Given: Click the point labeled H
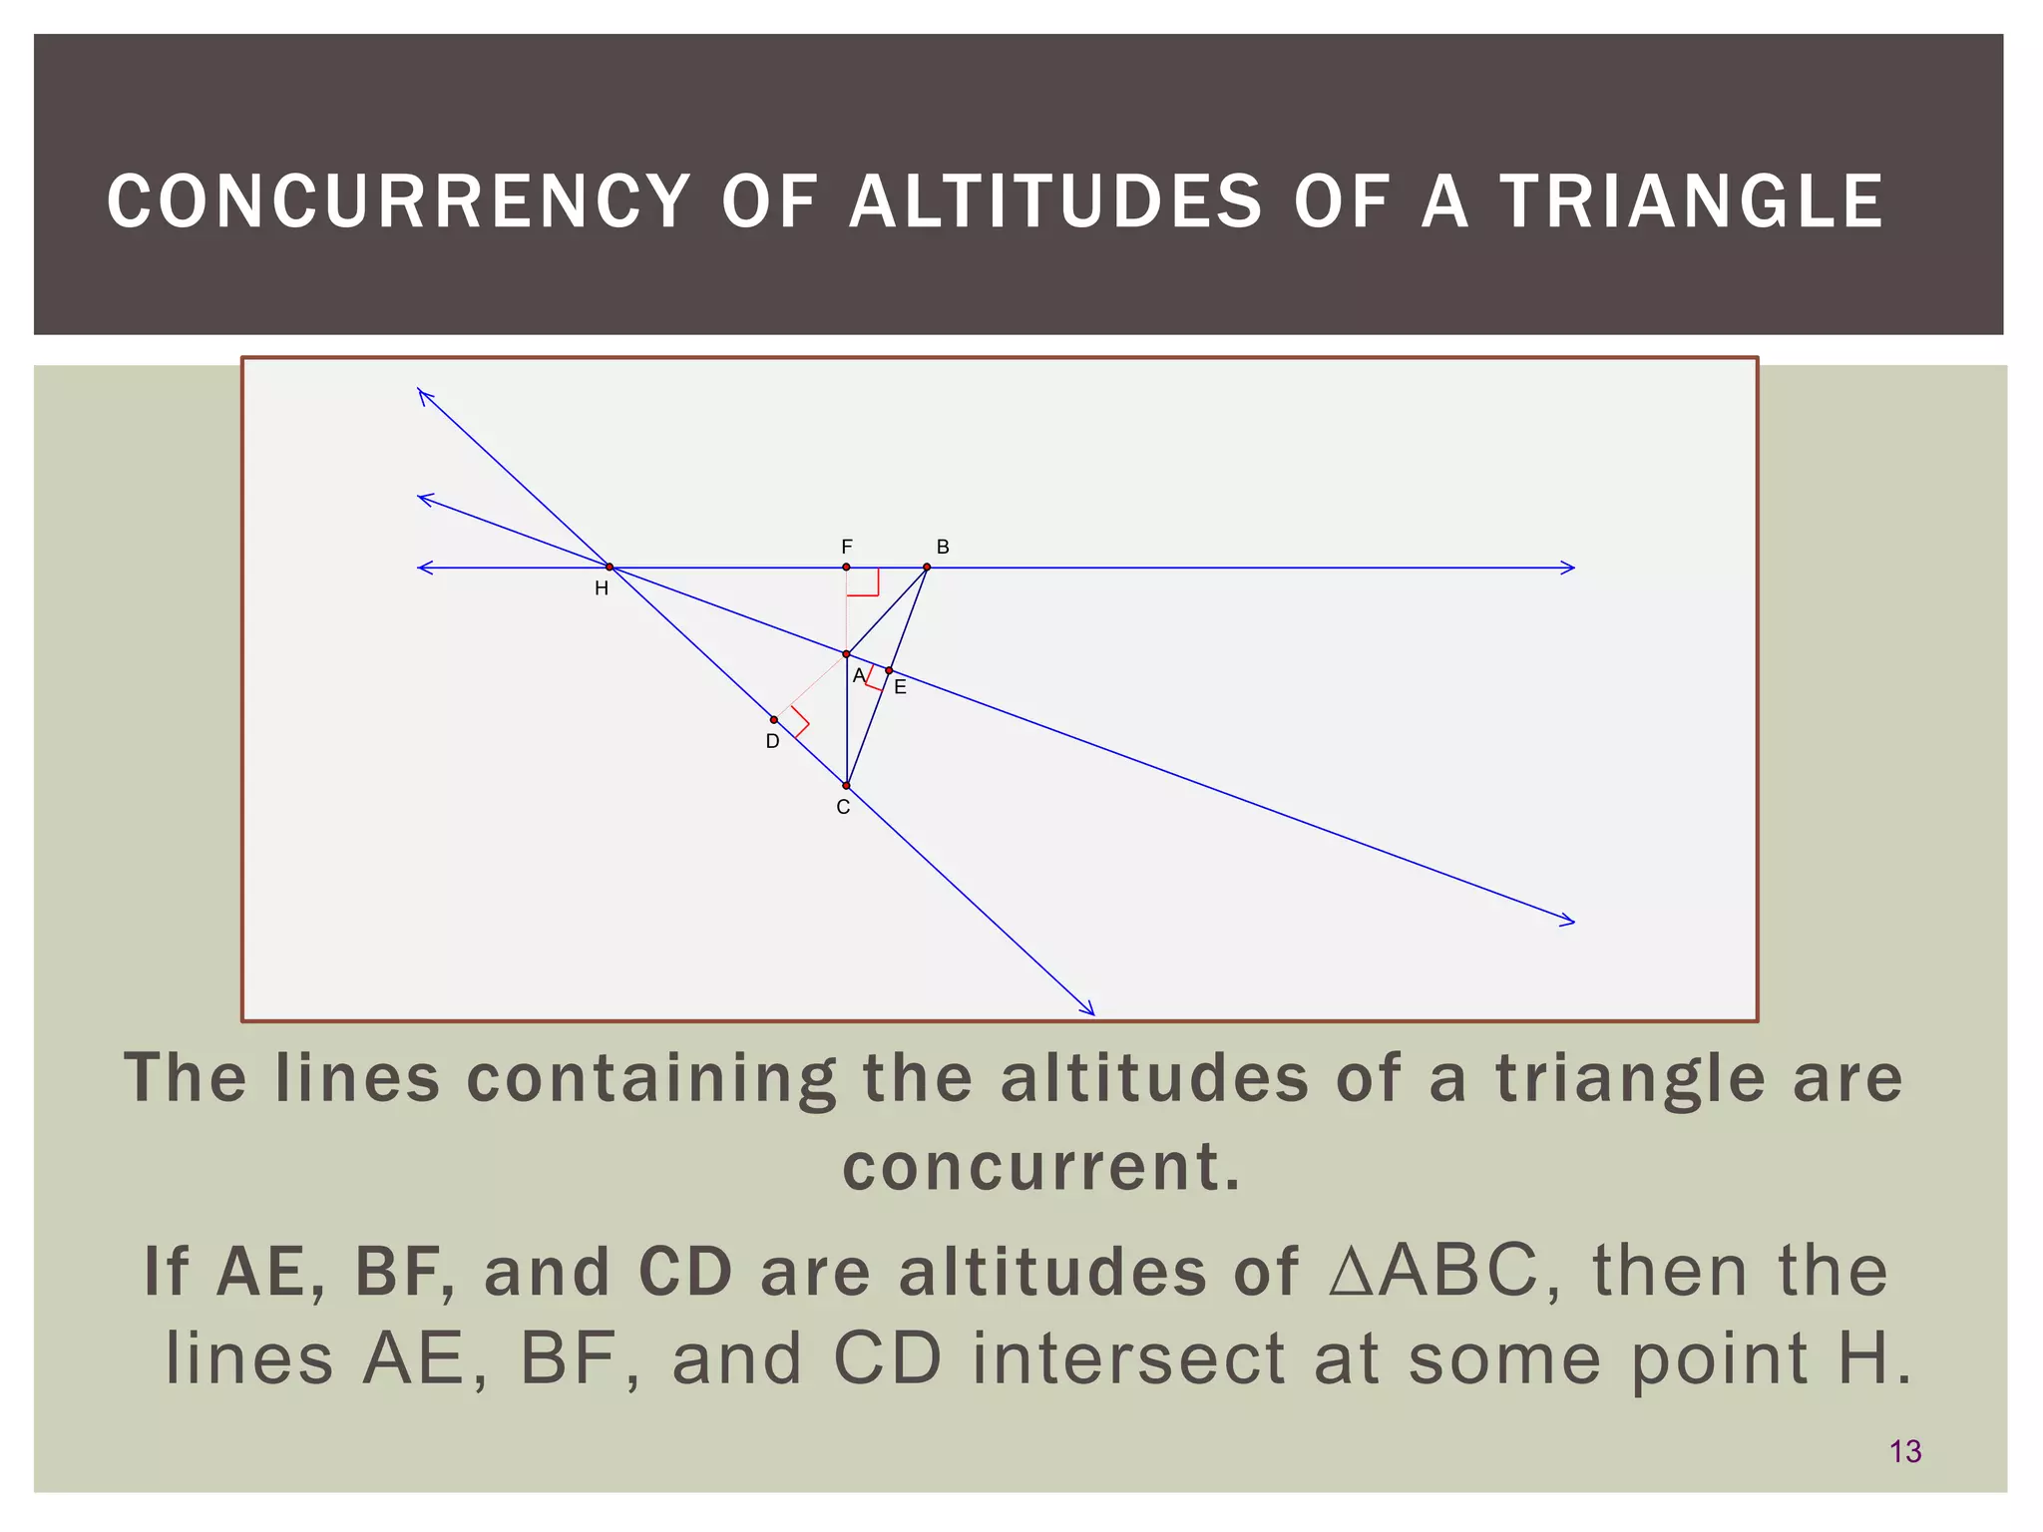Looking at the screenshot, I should pos(610,568).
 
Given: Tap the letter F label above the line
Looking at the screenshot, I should pos(847,547).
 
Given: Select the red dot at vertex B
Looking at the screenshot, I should pos(927,568).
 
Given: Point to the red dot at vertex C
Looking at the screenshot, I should pos(846,786).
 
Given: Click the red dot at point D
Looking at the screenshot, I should pos(774,720).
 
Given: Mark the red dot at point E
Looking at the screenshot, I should pos(889,670).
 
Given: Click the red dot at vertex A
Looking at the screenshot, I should pos(846,654).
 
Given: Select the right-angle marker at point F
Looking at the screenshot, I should pos(864,582).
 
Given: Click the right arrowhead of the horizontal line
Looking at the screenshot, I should pos(1568,568).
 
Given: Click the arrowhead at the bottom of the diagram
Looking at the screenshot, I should pos(1089,1010).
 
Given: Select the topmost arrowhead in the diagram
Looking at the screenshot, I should pos(423,395).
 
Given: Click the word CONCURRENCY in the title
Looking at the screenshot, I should pos(399,202).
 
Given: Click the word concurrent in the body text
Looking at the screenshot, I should pos(1041,1166).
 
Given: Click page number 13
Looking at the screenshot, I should pos(1905,1451).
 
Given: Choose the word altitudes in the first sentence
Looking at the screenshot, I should pos(1154,1079).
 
